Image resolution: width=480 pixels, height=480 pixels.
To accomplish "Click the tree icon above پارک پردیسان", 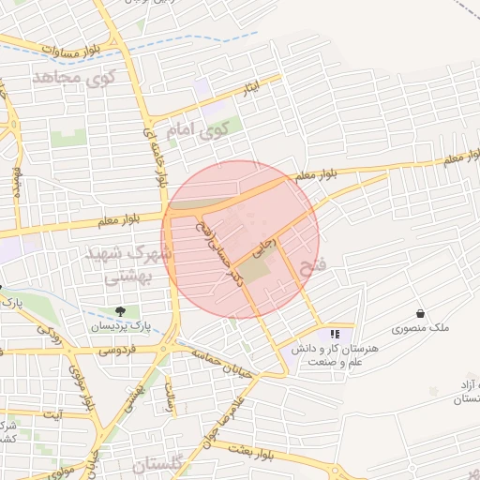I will tap(120, 310).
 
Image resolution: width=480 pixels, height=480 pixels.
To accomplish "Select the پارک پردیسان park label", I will tap(120, 326).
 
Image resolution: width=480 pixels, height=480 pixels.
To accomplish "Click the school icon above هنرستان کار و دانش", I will tap(334, 334).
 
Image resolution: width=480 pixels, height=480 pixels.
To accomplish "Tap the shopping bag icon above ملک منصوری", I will tap(420, 313).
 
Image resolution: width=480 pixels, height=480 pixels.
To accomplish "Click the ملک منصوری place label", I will tap(420, 330).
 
